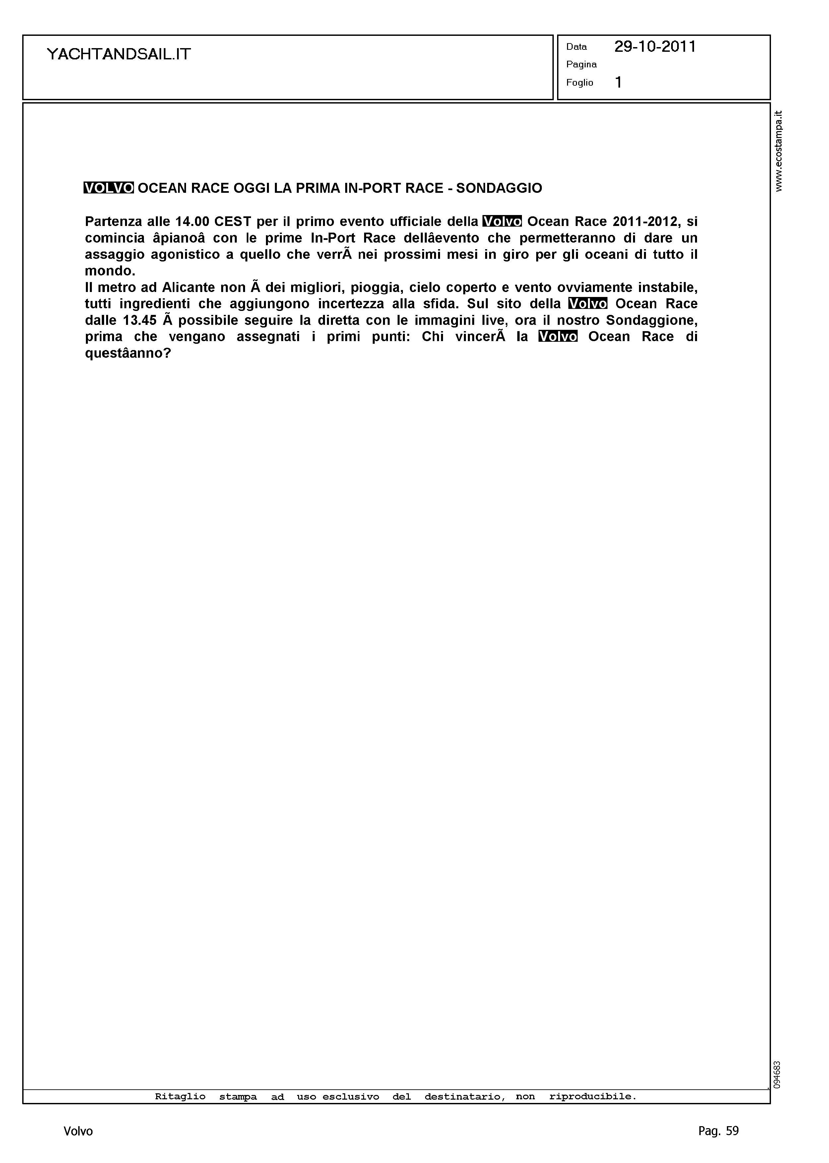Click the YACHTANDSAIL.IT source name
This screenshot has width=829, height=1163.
(118, 54)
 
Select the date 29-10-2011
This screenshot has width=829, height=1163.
(655, 47)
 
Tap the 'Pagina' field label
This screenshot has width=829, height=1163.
(581, 64)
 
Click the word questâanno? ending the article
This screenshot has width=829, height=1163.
(128, 353)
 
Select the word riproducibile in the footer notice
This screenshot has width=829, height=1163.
(593, 1096)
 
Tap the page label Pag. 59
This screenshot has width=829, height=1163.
(718, 1131)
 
